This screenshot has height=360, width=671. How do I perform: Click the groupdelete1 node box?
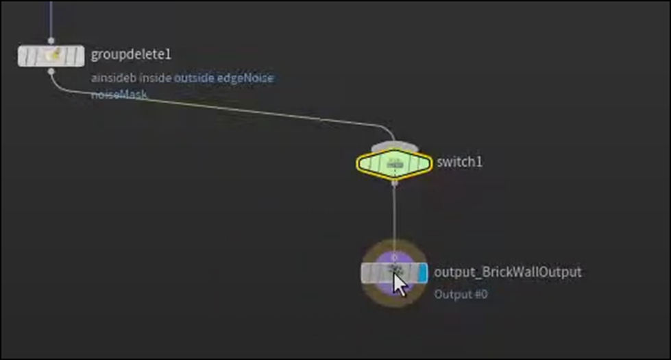(51, 56)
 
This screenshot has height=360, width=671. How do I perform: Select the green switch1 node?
(393, 163)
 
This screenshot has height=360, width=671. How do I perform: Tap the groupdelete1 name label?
(131, 55)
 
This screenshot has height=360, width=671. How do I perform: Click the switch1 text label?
(460, 163)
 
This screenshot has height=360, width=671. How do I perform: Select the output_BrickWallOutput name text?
(507, 272)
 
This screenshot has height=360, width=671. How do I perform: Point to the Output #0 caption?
(461, 294)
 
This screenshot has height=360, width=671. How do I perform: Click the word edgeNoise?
(245, 78)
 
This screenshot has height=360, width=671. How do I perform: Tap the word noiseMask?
(119, 95)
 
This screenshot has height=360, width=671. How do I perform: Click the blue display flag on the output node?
(422, 272)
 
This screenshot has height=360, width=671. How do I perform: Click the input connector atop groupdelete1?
(51, 41)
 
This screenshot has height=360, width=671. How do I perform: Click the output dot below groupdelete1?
(51, 70)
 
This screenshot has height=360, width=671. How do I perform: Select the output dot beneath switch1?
(394, 182)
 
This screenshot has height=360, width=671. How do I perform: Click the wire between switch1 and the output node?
(394, 219)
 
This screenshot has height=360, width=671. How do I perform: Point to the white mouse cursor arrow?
(399, 283)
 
